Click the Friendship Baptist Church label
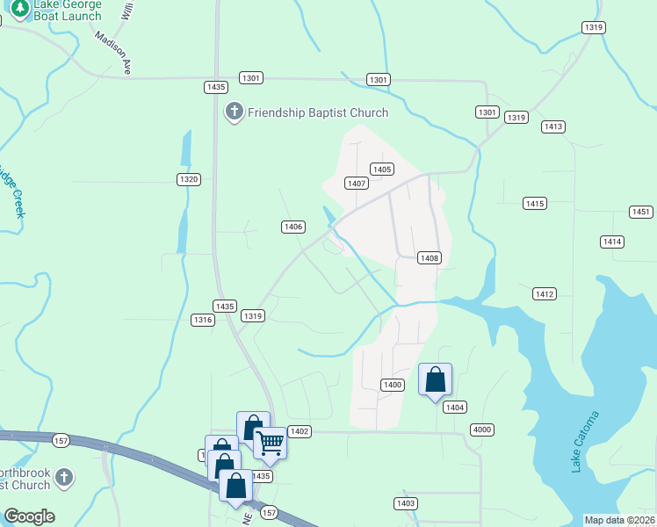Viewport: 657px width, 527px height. coord(317,112)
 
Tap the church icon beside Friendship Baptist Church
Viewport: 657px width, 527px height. coord(234,112)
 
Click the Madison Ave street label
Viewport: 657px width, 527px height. coord(113,54)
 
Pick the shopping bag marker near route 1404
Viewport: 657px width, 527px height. coord(435,379)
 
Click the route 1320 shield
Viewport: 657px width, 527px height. coord(188,179)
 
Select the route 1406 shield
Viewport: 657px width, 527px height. coord(293,227)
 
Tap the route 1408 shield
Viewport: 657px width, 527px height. coord(429,258)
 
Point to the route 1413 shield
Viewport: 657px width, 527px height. coord(552,127)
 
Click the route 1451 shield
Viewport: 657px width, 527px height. coord(641,212)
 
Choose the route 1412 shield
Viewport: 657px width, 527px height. coord(545,293)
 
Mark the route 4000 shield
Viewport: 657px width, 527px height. coord(482,430)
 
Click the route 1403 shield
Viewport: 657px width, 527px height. coord(405,503)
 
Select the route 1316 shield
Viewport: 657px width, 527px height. coord(203,321)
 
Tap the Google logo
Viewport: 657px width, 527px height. coord(29,516)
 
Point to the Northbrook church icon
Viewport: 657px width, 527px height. coord(63,477)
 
